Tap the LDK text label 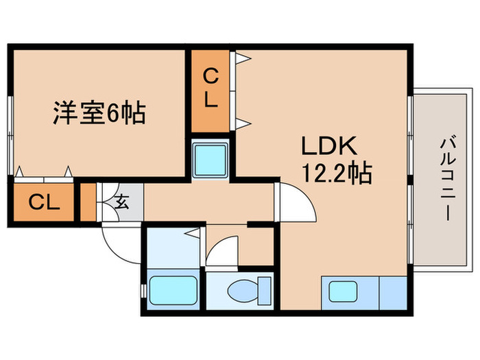[327, 147]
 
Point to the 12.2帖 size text [337, 174]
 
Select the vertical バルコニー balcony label [446, 179]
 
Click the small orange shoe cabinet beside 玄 [88, 202]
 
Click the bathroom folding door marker [195, 233]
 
